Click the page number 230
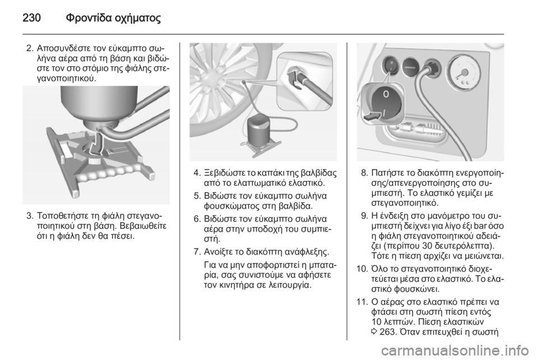point(31,17)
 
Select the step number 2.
point(30,47)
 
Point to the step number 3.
point(30,216)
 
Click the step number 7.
point(197,252)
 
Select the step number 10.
point(363,269)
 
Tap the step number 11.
point(363,302)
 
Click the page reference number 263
point(387,332)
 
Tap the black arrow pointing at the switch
point(372,116)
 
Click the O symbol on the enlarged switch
point(386,94)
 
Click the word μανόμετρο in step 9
point(418,216)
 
